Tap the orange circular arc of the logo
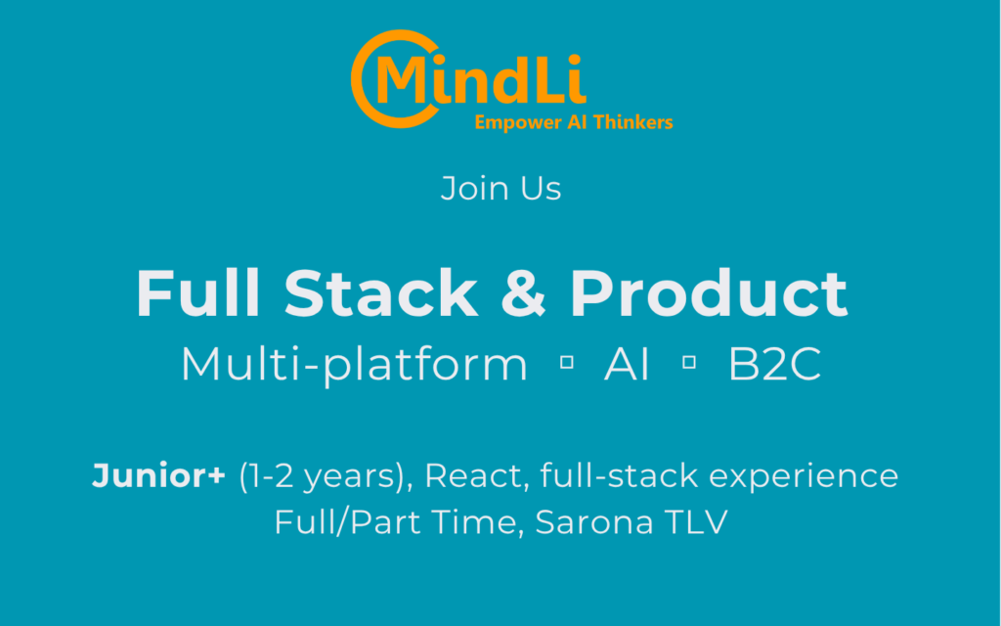point(359,78)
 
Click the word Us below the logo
point(540,189)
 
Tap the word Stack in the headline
point(381,292)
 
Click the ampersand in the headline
point(524,293)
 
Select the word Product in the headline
point(709,292)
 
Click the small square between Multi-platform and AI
point(566,363)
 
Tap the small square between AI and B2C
point(689,363)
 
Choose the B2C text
point(774,365)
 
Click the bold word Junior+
point(158,476)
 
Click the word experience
point(804,477)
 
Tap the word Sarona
point(594,522)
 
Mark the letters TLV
point(696,522)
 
